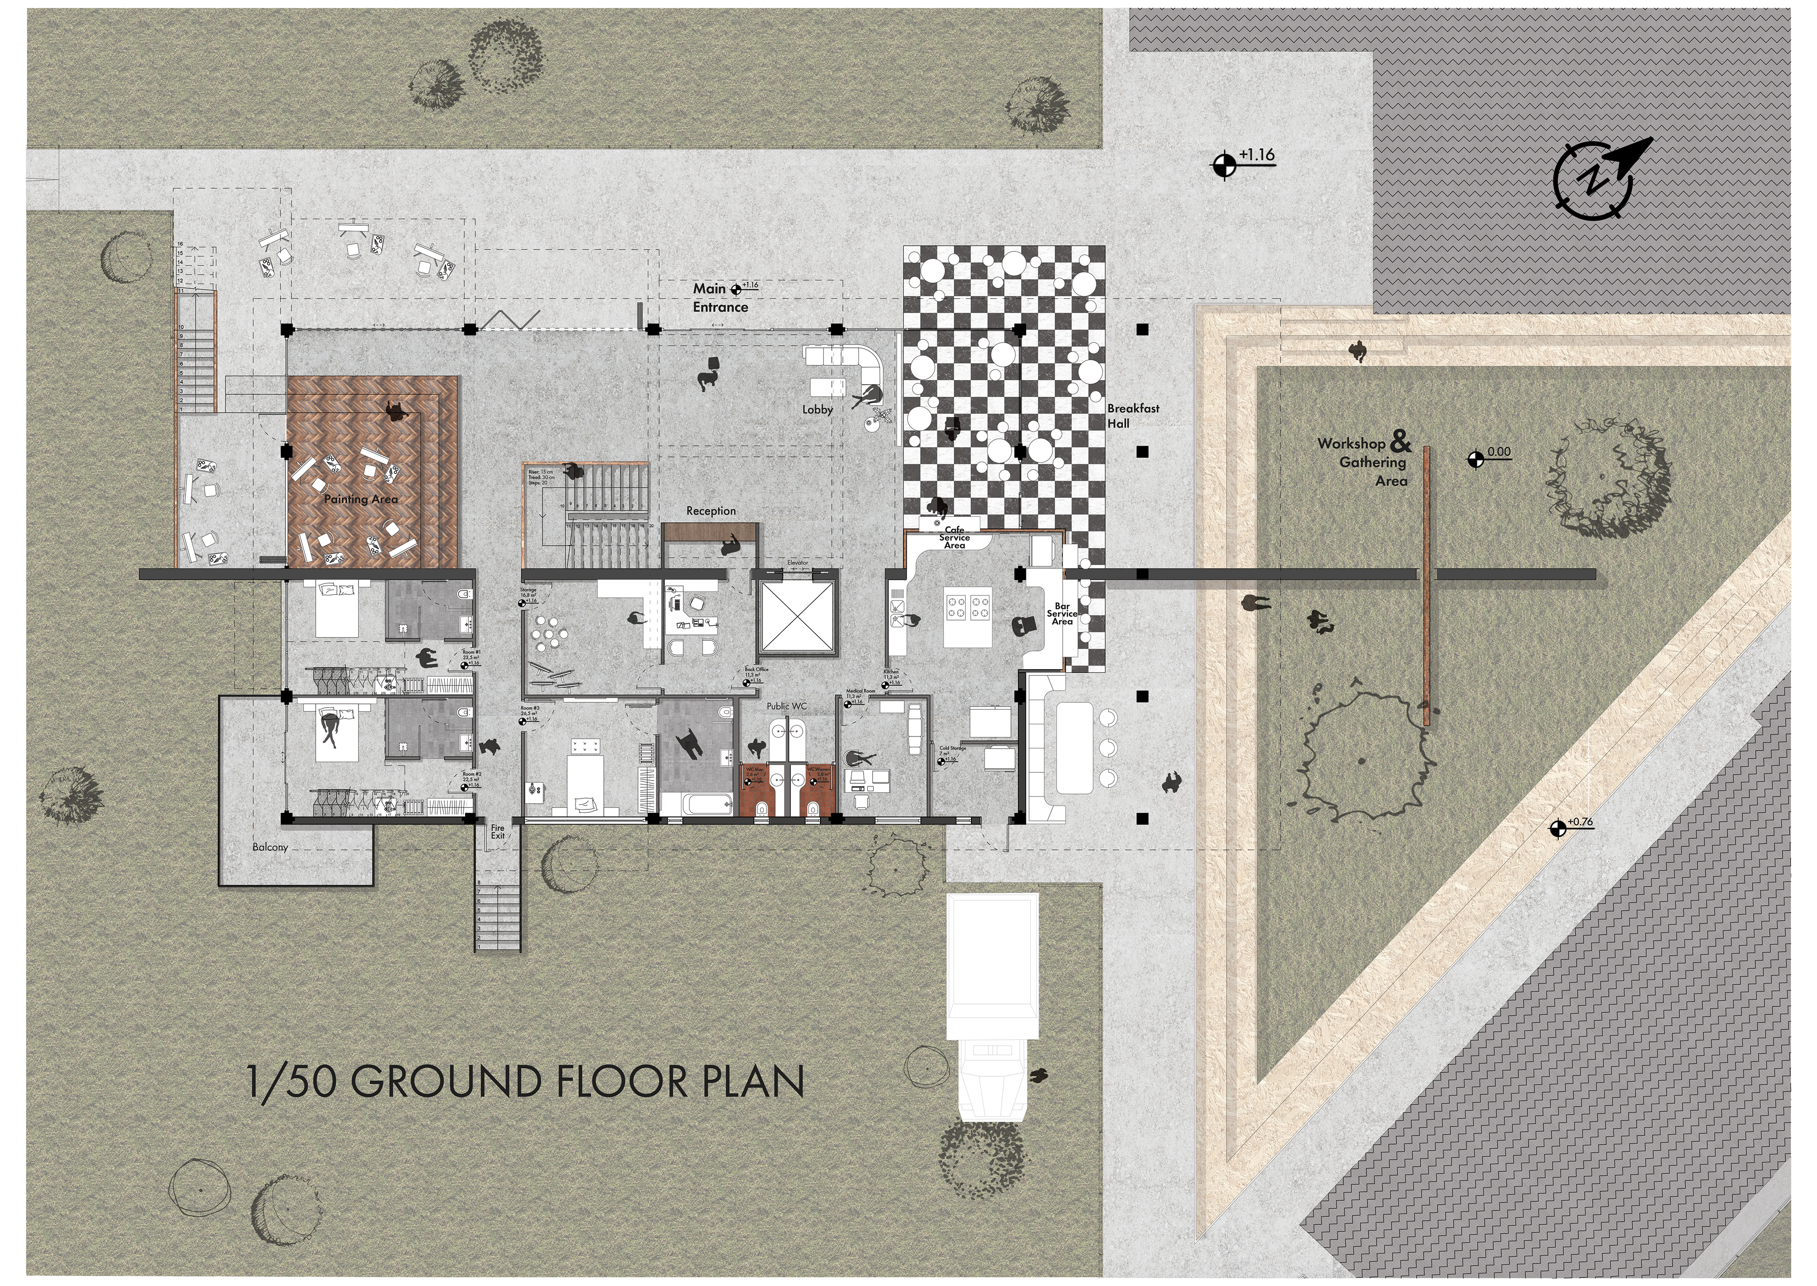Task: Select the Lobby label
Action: point(817,409)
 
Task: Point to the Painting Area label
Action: point(361,499)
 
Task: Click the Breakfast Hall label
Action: point(1132,416)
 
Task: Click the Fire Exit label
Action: point(497,832)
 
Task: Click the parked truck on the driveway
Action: point(993,1006)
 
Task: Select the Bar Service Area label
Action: point(1062,614)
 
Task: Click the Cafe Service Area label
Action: point(954,537)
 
